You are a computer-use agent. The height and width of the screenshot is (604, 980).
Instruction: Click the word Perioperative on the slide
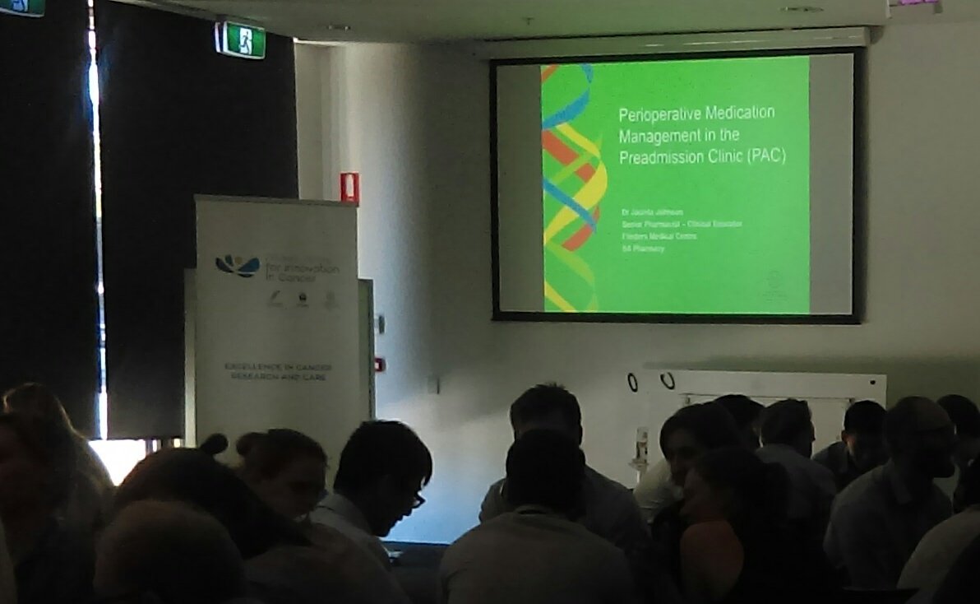[656, 114]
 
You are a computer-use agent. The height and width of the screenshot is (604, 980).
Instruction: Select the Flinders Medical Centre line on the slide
[659, 236]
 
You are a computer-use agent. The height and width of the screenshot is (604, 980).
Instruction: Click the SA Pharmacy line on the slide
[643, 248]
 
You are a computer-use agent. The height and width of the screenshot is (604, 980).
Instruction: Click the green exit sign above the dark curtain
[241, 39]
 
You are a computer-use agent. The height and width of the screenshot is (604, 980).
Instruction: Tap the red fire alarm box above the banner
[349, 188]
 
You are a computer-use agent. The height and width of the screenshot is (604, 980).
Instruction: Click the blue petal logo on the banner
[237, 265]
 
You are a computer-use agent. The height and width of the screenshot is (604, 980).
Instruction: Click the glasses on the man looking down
[417, 498]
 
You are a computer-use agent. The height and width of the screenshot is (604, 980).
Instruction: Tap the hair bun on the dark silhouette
[213, 445]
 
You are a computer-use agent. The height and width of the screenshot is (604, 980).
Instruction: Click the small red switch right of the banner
[379, 364]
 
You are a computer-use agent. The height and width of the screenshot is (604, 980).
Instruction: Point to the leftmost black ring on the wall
[632, 382]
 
